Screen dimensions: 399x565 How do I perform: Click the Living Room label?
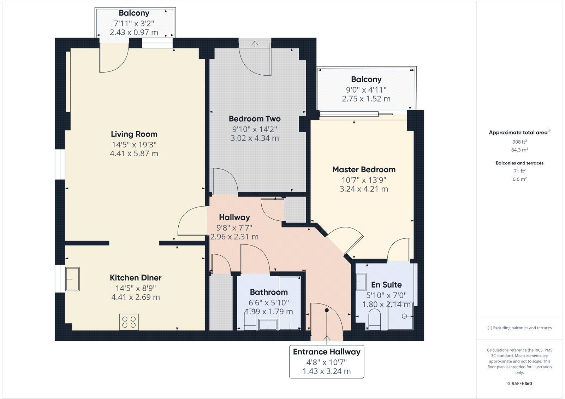(x=134, y=134)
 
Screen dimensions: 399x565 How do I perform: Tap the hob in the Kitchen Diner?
(x=129, y=322)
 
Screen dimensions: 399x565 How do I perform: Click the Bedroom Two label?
(x=255, y=119)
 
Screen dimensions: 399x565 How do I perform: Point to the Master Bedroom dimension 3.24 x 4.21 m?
(x=364, y=189)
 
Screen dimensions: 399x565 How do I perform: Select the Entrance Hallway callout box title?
(x=327, y=352)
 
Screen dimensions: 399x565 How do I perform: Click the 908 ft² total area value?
(x=519, y=142)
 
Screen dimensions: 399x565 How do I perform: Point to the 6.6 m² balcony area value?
(x=519, y=179)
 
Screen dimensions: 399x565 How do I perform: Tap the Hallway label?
(x=234, y=217)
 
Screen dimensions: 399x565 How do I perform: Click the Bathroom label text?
(x=269, y=292)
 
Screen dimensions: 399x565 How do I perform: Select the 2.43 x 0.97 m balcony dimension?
(x=134, y=33)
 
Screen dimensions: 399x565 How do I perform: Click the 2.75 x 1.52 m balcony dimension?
(x=366, y=99)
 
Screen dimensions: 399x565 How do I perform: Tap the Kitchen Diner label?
(x=136, y=278)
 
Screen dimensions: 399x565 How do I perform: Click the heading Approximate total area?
(x=518, y=133)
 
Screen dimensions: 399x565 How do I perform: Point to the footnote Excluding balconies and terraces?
(x=519, y=328)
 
